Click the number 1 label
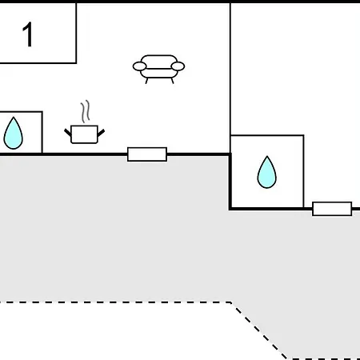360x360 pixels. pos(28,34)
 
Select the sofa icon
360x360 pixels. pos(158,70)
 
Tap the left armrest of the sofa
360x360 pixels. pos(139,66)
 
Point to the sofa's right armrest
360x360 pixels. pos(178,66)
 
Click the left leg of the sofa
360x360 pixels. pos(146,81)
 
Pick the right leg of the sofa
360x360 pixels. pos(172,81)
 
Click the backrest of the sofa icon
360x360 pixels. pos(159,60)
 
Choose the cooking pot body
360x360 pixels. pos(84,134)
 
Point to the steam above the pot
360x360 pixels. pos(86,111)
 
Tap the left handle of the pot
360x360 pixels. pos(68,132)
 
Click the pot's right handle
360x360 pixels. pos(102,133)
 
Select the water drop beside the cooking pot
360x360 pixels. pos(14,133)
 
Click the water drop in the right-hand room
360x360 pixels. pos(267,172)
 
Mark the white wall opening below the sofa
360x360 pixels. pos(147,154)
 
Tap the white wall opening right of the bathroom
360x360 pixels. pos(332,209)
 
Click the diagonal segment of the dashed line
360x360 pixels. pos(259,330)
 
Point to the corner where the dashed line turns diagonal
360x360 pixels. pos(231,302)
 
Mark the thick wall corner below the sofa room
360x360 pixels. pos(230,209)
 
